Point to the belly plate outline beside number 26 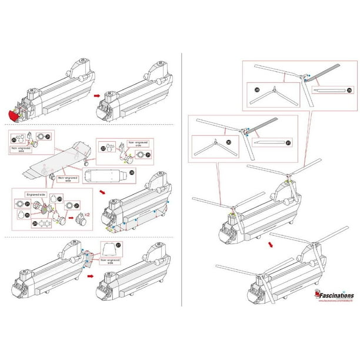(x=106, y=175)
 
